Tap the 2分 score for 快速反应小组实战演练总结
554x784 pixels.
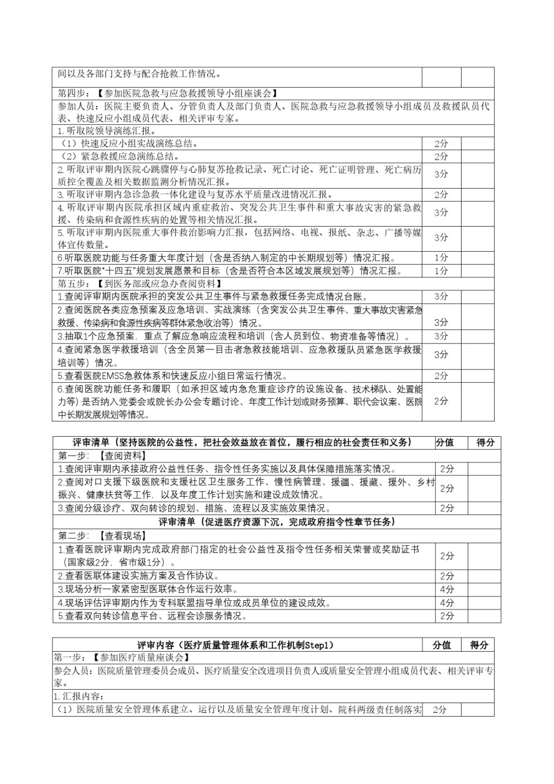441,143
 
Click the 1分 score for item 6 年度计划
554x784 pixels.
441,257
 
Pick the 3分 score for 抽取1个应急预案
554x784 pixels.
441,336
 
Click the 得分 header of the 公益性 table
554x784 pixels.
485,442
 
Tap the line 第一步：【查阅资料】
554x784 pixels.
102,456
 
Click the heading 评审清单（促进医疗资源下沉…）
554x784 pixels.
277,522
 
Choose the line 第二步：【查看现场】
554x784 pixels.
102,535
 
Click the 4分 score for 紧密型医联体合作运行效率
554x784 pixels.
447,589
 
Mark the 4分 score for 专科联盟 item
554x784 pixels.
447,603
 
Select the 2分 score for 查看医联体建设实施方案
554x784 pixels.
447,576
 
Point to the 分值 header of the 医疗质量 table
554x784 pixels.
442,644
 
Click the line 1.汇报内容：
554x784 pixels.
79,696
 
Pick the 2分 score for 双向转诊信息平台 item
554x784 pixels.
447,616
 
